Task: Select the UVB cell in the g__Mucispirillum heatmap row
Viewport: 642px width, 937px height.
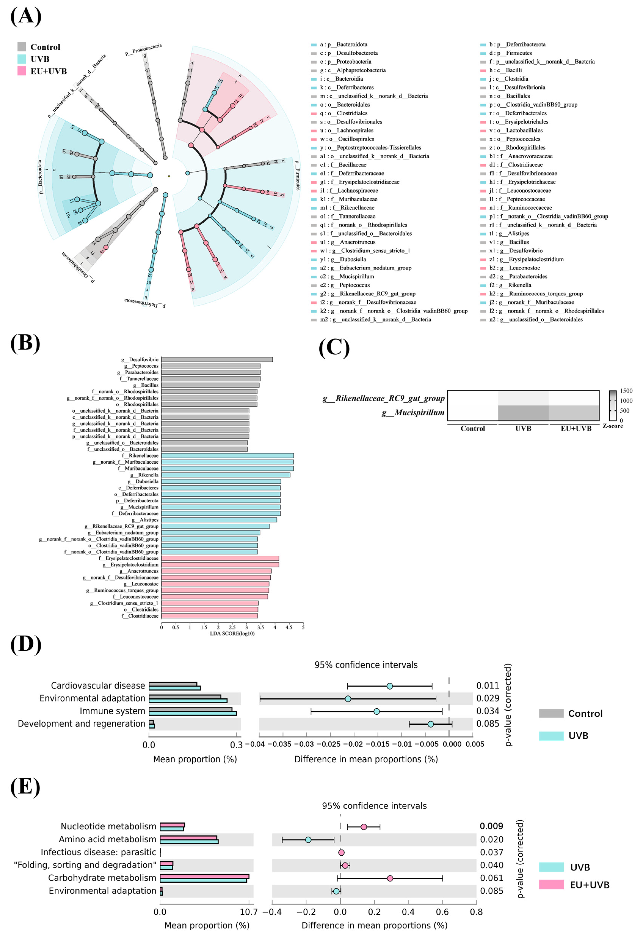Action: click(x=523, y=412)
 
